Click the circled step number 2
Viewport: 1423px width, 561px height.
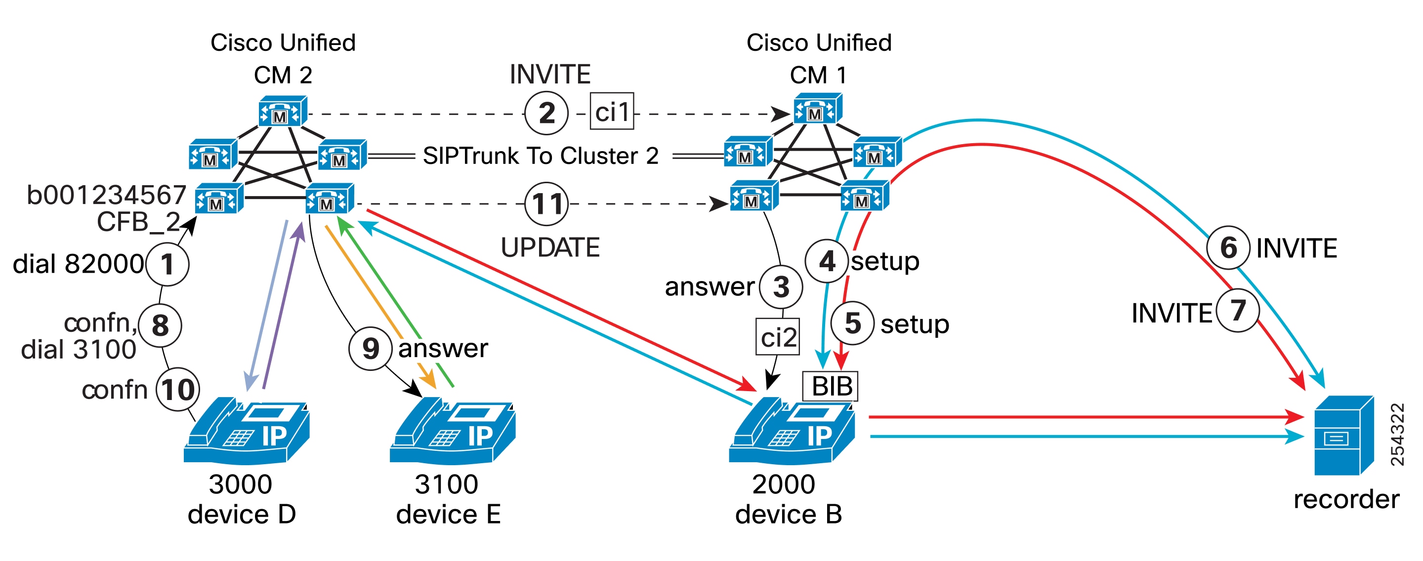pos(546,114)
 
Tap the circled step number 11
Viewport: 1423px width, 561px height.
pos(546,204)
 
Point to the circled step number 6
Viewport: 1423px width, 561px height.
pos(1227,248)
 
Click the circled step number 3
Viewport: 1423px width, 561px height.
pos(781,286)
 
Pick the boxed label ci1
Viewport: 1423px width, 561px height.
pos(612,112)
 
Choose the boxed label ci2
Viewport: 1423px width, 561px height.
pos(778,336)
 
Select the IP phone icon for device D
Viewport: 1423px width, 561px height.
pos(247,431)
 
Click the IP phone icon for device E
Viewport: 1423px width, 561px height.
pos(453,431)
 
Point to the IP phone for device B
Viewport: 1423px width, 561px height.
pos(792,431)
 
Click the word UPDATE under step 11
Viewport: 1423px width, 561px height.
pos(549,247)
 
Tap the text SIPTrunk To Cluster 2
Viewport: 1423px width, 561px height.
pos(540,156)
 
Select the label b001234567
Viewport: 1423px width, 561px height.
pos(106,195)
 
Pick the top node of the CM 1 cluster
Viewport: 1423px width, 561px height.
pos(817,108)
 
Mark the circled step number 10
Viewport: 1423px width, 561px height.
pos(177,389)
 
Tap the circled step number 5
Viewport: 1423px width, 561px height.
pos(852,323)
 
